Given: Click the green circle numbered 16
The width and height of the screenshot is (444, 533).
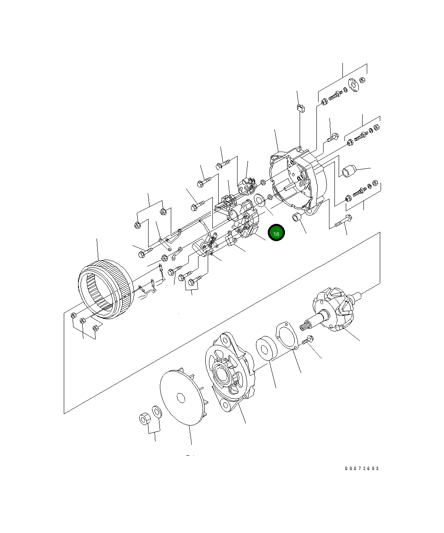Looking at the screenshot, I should point(276,233).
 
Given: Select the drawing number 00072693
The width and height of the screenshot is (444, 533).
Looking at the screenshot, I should point(362,468).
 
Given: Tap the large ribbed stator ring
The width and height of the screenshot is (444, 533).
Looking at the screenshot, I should point(105,289).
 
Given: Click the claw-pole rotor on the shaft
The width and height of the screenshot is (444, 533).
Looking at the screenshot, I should point(334,309).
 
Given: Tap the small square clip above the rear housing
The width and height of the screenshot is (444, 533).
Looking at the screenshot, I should point(300,108).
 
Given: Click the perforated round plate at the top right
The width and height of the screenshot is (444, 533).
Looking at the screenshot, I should point(353,86).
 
